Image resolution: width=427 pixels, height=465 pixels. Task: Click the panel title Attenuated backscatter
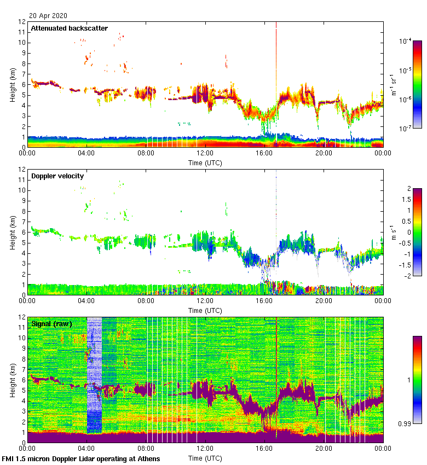coord(69,28)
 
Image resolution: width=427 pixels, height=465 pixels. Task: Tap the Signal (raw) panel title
coord(51,324)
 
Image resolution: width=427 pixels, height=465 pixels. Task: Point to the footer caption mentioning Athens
coord(81,458)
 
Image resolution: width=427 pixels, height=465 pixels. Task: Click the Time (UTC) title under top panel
coord(205,163)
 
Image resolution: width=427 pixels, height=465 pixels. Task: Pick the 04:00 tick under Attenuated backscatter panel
coord(86,153)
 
